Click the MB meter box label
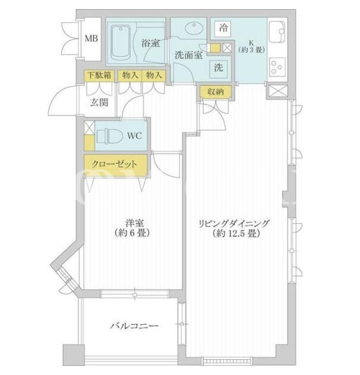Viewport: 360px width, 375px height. tap(91, 38)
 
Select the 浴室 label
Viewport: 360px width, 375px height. tap(150, 43)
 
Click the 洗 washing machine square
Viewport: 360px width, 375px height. tap(219, 69)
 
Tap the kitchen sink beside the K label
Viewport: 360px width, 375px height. tap(277, 32)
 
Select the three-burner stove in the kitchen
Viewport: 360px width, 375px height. tap(277, 66)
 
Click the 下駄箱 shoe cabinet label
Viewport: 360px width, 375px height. tap(99, 76)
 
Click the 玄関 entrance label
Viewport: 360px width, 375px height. tap(99, 103)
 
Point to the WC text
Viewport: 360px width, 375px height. tap(135, 136)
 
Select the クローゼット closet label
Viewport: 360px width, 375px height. tap(115, 165)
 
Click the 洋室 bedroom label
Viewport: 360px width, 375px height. tap(135, 223)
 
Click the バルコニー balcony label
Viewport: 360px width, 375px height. tap(134, 326)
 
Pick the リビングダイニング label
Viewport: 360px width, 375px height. tap(235, 224)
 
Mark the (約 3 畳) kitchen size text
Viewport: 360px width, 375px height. tap(251, 50)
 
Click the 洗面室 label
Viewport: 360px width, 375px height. tap(189, 55)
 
